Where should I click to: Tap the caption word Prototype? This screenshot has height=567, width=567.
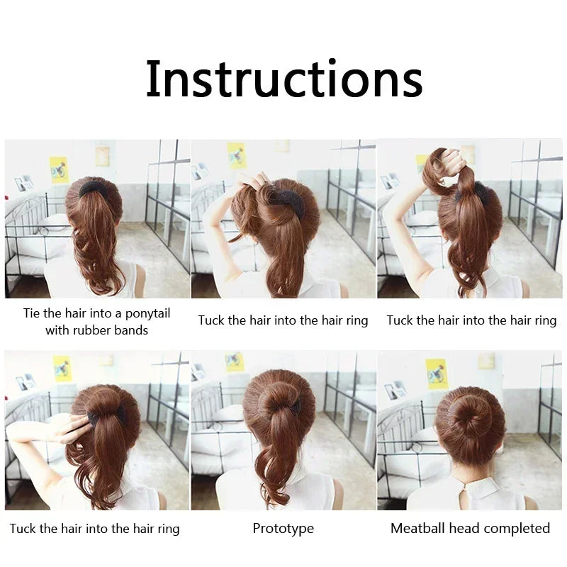pyautogui.click(x=283, y=528)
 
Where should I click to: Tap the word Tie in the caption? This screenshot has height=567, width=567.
pyautogui.click(x=31, y=313)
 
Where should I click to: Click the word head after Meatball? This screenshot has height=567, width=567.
pyautogui.click(x=465, y=528)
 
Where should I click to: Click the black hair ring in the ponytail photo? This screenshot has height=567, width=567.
pyautogui.click(x=94, y=189)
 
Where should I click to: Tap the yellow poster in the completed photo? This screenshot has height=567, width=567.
pyautogui.click(x=437, y=374)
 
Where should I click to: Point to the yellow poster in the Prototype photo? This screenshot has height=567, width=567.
pyautogui.click(x=235, y=361)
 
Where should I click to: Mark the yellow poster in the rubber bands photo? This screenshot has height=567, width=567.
pyautogui.click(x=59, y=169)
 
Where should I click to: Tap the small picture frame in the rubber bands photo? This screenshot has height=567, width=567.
pyautogui.click(x=23, y=183)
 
